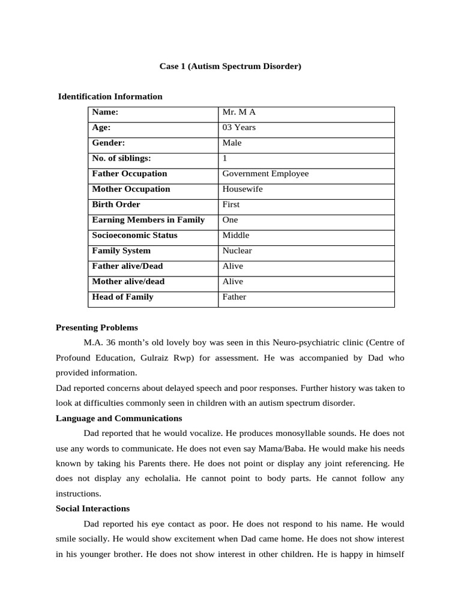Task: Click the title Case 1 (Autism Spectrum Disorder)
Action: [230, 67]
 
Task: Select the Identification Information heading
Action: [110, 97]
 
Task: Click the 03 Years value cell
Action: [239, 128]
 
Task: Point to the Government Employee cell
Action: [265, 174]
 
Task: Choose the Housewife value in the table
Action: [243, 189]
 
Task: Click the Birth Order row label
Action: [116, 204]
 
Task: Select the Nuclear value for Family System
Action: [237, 251]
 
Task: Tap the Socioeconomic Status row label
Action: [134, 236]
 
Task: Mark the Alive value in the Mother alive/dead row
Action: [233, 282]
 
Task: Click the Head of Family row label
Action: [122, 297]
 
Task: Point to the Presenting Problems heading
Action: [97, 328]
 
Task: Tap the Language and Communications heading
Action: [119, 419]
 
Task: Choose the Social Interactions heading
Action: [92, 508]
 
